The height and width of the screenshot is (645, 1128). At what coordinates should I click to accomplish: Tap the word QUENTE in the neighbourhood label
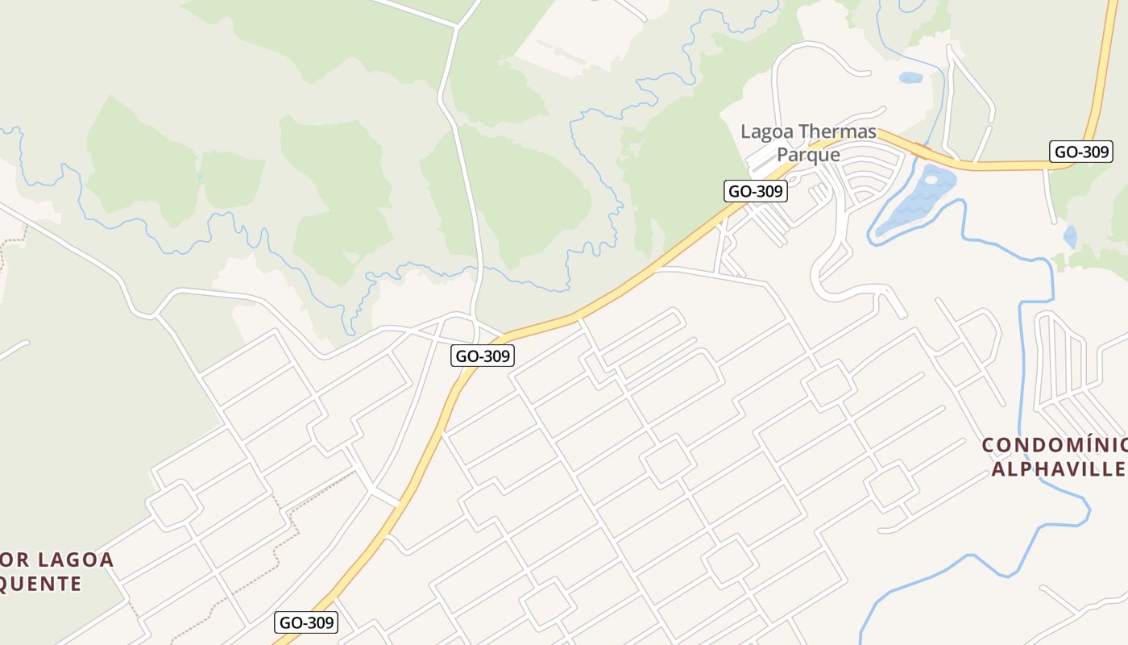pos(40,583)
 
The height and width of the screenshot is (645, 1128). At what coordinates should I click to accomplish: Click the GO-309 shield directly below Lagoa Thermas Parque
pos(755,191)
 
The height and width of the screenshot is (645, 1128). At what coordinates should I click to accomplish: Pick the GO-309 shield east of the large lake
pos(1081,151)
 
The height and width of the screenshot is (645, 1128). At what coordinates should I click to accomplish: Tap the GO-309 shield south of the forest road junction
pos(482,355)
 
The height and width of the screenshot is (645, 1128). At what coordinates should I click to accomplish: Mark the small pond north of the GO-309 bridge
pos(910,78)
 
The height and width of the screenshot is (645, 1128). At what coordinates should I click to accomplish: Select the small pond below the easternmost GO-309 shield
pos(1070,236)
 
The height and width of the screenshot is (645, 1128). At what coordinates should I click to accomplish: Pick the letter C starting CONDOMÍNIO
pos(989,445)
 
